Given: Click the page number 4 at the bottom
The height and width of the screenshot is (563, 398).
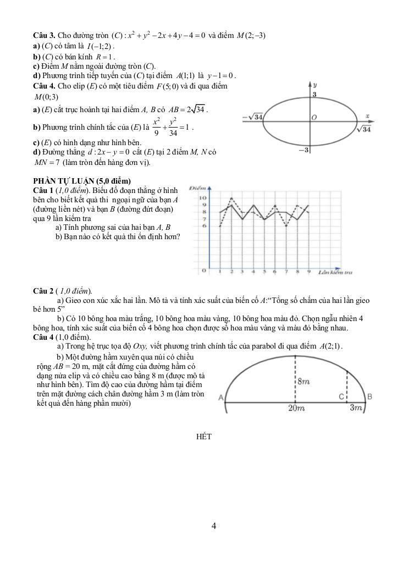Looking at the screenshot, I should click(x=214, y=526).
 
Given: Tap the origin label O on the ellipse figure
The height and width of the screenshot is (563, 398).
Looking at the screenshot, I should click(x=314, y=118).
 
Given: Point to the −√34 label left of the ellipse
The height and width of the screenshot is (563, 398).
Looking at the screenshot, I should click(x=253, y=117).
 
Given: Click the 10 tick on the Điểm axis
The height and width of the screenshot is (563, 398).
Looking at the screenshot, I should click(x=202, y=197).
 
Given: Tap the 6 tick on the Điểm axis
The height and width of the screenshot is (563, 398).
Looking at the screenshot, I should click(x=203, y=226).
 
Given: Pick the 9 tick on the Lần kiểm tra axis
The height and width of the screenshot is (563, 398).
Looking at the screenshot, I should click(x=308, y=271).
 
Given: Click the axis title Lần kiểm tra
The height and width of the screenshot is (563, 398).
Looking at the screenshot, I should click(x=335, y=272).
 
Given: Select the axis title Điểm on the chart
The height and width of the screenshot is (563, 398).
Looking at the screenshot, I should click(x=197, y=189).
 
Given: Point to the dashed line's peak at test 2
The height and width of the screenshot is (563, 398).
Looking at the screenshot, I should click(x=231, y=198).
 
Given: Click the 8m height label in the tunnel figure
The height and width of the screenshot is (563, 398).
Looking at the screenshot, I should click(x=305, y=381).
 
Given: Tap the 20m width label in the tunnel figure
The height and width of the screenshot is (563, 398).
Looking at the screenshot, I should click(x=296, y=409).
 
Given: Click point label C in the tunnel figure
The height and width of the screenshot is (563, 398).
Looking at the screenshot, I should click(x=341, y=396).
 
